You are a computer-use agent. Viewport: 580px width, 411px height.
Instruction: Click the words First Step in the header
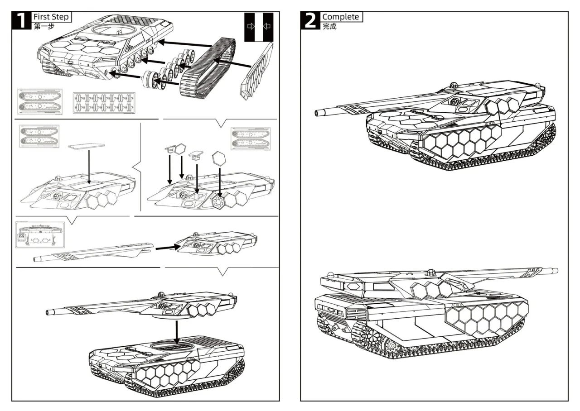(51, 17)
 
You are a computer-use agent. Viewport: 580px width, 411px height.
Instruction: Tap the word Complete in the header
(340, 17)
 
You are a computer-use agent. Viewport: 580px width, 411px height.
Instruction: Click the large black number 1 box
(21, 20)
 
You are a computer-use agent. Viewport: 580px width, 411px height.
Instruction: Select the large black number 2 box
(310, 20)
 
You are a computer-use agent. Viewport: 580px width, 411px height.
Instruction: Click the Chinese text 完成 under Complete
(329, 26)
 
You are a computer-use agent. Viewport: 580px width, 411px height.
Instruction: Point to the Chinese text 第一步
(44, 26)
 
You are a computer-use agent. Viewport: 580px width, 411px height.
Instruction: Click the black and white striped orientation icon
(259, 27)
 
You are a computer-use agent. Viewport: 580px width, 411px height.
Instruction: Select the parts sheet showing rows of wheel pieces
(104, 103)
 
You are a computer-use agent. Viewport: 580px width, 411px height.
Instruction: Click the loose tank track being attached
(208, 68)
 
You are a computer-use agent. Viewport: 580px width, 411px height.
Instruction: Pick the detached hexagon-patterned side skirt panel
(257, 72)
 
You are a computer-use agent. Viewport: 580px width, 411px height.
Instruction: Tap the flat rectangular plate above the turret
(87, 146)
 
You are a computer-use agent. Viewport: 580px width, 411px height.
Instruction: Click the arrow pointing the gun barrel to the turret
(168, 248)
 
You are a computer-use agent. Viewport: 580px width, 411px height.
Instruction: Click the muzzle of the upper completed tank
(318, 113)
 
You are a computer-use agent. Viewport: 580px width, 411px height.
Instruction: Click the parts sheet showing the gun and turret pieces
(40, 234)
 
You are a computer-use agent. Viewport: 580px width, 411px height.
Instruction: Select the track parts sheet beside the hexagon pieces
(251, 139)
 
